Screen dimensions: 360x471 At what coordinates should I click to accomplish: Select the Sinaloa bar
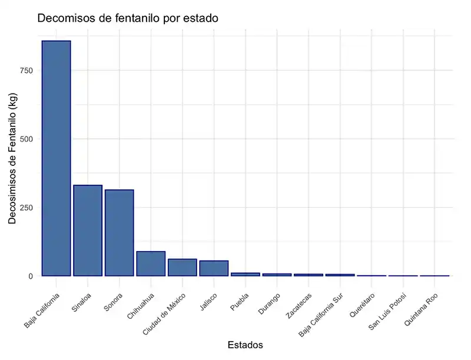click(x=88, y=231)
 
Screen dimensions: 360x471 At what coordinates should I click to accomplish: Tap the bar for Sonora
click(x=120, y=233)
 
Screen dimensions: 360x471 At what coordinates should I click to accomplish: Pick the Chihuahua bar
click(x=151, y=264)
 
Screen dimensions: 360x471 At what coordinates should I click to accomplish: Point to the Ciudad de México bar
click(x=182, y=268)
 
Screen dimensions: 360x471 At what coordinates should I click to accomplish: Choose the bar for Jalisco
click(x=214, y=268)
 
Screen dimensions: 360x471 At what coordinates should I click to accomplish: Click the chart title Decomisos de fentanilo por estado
click(x=128, y=18)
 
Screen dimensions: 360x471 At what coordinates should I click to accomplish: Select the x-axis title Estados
click(x=245, y=345)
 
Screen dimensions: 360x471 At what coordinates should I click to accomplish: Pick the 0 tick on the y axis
click(x=29, y=276)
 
